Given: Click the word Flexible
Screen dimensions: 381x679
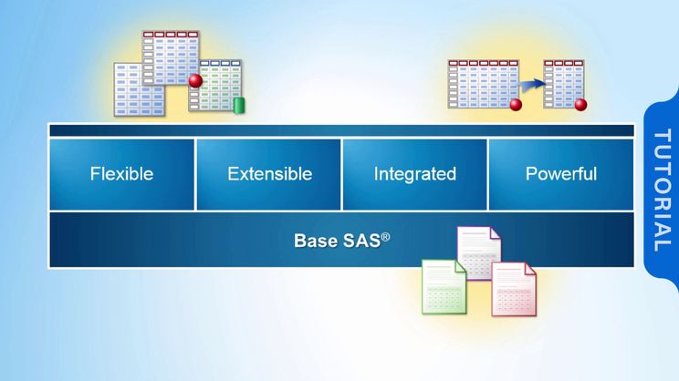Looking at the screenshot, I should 121,173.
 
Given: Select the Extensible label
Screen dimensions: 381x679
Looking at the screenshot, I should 269,173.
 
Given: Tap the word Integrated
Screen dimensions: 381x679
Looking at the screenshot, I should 414,173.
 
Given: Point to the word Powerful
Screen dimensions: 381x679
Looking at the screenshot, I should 561,173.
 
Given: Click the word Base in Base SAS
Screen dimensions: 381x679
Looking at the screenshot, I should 313,242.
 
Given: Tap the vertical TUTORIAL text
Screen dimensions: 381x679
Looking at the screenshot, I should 662,190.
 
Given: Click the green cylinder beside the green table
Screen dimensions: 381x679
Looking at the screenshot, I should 240,104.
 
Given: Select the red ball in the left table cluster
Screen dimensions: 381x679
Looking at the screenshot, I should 195,80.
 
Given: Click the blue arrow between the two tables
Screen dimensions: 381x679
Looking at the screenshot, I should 532,84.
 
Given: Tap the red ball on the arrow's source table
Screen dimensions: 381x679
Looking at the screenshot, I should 516,105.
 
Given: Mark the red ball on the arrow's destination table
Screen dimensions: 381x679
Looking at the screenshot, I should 581,105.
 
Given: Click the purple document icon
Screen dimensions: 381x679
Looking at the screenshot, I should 478,251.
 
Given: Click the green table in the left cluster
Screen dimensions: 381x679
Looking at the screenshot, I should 219,87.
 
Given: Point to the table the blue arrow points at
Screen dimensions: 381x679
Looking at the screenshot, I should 563,83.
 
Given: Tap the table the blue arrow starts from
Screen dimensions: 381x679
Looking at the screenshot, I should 482,83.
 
